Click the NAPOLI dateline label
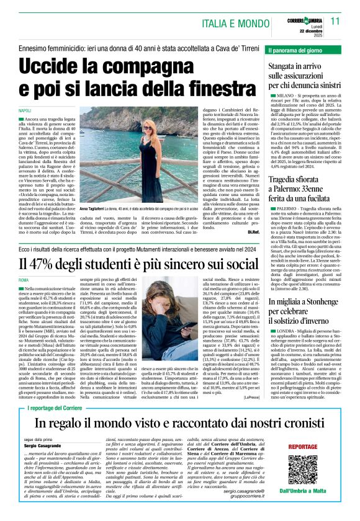25,110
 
